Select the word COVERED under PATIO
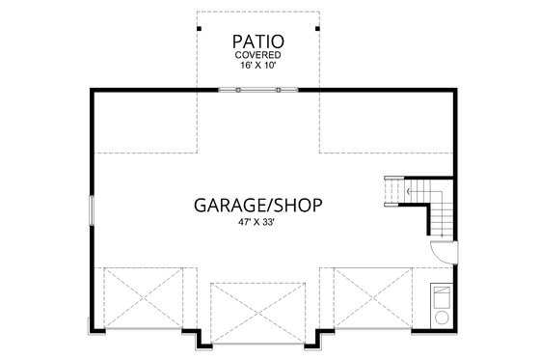pyautogui.click(x=257, y=56)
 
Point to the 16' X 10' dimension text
pyautogui.click(x=257, y=67)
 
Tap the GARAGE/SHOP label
pyautogui.click(x=257, y=205)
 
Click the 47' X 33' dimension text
pyautogui.click(x=257, y=222)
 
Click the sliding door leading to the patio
pyautogui.click(x=257, y=90)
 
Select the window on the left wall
pyautogui.click(x=93, y=209)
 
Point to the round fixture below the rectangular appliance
pyautogui.click(x=443, y=317)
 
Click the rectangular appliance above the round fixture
pyautogui.click(x=443, y=294)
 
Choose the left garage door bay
pyautogui.click(x=142, y=297)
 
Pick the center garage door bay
pyautogui.click(x=257, y=311)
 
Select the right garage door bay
pyautogui.click(x=372, y=297)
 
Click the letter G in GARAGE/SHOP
pyautogui.click(x=202, y=205)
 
